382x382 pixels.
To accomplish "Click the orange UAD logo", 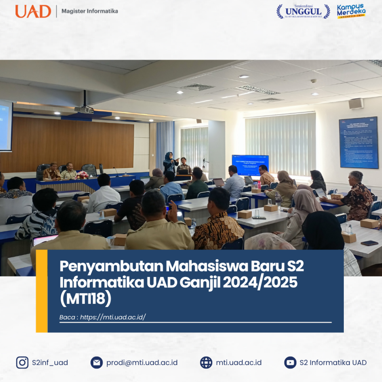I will tap(33, 11).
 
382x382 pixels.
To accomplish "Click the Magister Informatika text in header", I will tap(90, 11).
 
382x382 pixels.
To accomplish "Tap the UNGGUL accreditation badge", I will tap(303, 11).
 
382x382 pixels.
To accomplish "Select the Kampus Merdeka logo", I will tap(351, 11).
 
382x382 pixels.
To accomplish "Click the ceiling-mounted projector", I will tap(84, 110).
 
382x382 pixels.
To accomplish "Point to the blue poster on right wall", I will tap(358, 142).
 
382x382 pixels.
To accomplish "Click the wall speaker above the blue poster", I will tap(356, 103).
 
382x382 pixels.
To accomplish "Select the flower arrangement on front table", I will tap(82, 175).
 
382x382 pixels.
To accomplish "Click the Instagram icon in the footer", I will tap(22, 362).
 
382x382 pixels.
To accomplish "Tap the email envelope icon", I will tap(96, 362).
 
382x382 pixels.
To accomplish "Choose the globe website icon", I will tap(206, 362).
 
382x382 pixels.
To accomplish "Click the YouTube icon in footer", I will tap(290, 362).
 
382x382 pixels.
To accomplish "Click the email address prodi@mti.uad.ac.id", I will tap(142, 362).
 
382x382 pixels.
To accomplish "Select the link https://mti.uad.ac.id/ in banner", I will tap(113, 317).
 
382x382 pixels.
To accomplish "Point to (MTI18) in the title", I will tap(86, 299).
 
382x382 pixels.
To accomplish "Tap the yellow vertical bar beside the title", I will tap(42, 291).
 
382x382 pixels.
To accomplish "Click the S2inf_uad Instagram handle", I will tap(50, 362).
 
